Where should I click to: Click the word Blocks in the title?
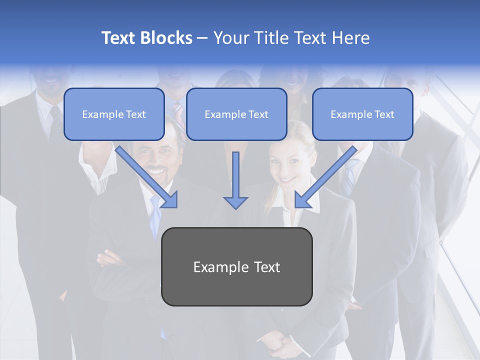coord(166,38)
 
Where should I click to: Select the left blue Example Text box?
coord(114,114)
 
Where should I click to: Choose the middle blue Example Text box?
coord(236,114)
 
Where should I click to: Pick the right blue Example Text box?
coord(362,114)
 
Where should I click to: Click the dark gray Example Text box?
coord(236,267)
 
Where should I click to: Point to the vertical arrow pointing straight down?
coord(235,180)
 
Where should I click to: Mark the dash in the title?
coord(202,38)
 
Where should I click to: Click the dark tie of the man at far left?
coord(55,122)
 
